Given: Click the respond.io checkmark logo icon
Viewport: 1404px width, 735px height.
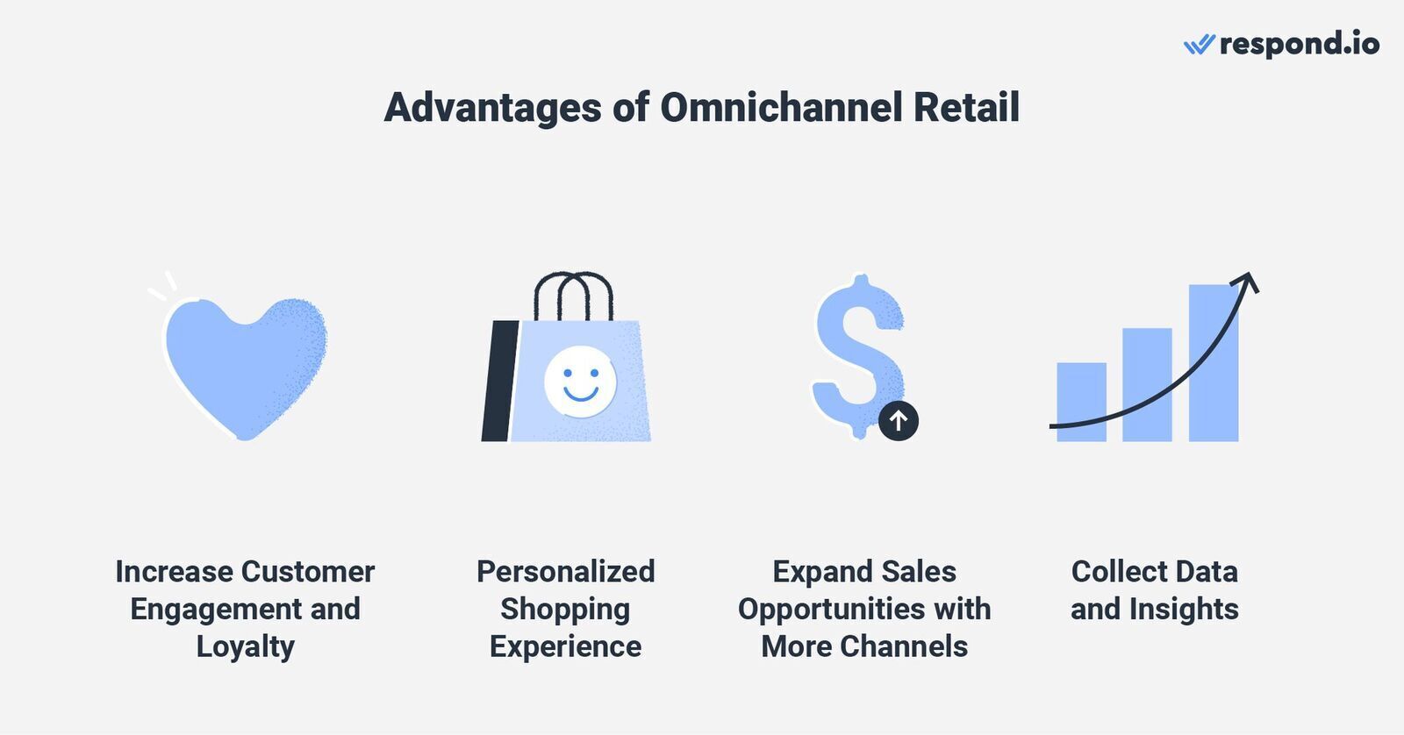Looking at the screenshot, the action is pos(1199,45).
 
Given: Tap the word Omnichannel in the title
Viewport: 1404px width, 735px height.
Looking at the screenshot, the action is pos(782,107).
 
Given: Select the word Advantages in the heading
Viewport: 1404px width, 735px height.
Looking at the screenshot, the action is pos(493,109).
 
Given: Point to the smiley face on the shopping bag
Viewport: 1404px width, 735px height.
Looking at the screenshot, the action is pos(580,382).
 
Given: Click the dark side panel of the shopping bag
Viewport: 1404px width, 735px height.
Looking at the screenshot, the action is pos(499,381).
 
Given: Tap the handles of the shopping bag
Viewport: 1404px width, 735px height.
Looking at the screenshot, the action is pos(574,296).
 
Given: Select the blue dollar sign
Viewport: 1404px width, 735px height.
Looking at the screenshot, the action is pos(858,355).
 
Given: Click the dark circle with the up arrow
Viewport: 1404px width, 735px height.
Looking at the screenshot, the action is pos(899,420).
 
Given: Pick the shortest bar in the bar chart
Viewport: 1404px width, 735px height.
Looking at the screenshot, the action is pos(1081,402).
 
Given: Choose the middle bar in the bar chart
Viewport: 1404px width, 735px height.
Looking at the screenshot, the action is pos(1147,385).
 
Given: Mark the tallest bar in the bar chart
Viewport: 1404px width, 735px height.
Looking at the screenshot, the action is pos(1214,363).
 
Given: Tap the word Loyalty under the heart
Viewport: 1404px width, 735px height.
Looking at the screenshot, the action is pos(245,647).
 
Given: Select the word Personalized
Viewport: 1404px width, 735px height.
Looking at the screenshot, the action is pos(565,572).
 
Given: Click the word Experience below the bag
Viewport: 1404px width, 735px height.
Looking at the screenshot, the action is pos(565,647).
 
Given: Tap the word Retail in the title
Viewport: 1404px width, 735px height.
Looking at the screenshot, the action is pos(966,107).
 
